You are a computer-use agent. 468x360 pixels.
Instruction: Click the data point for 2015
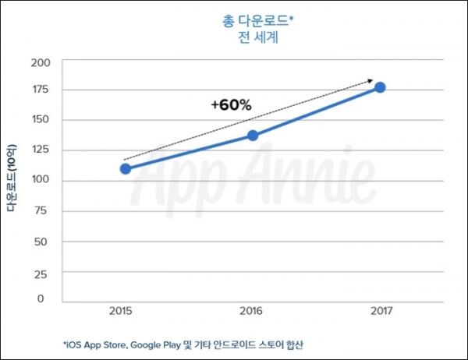[x=126, y=168]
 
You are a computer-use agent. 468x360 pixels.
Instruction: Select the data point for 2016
[x=253, y=136]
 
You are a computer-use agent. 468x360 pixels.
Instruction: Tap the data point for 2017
[x=380, y=87]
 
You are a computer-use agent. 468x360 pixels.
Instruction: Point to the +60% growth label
[x=231, y=105]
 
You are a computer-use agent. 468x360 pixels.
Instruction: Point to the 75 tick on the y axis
[x=44, y=210]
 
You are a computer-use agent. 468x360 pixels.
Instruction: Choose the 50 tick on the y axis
[x=44, y=241]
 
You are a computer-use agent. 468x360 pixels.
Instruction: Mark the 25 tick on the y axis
[x=44, y=271]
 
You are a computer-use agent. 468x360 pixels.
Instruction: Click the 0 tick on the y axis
[x=48, y=299]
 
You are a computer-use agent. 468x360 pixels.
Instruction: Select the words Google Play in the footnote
[x=154, y=344]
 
